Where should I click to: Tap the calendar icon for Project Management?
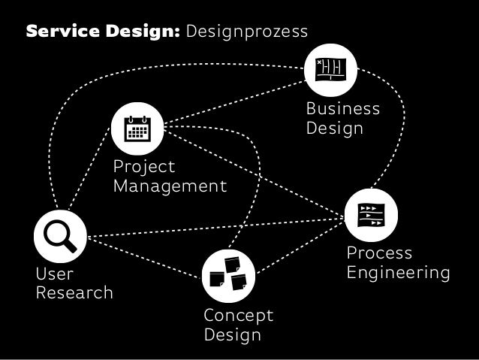137,129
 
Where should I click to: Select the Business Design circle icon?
330,71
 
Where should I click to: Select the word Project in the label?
143,167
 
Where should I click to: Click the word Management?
170,186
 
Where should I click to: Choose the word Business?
342,109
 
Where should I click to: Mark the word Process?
379,253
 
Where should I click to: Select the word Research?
74,292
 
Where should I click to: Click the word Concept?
238,314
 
